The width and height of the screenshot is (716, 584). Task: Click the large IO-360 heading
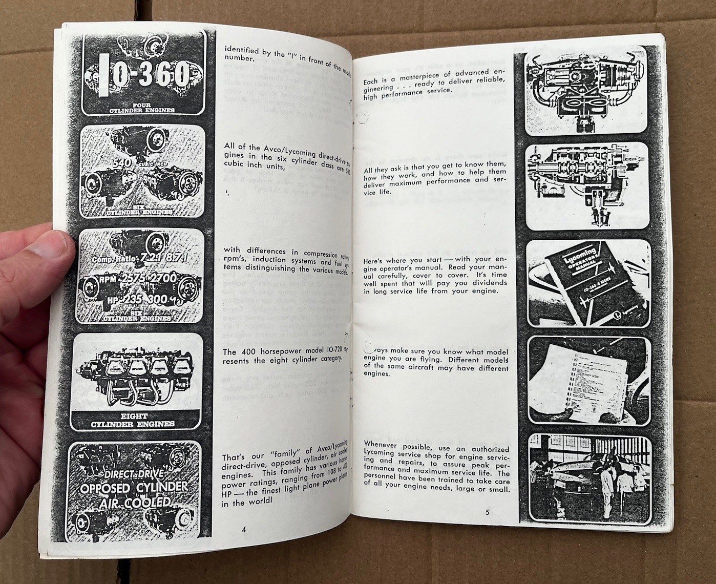point(141,76)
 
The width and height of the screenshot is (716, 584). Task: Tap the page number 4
point(244,530)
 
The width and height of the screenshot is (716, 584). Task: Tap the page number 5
point(487,512)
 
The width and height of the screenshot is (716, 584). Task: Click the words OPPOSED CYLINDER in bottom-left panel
point(134,487)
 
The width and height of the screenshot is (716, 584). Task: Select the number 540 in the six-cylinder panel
point(123,163)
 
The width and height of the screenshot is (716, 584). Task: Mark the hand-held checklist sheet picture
point(589,379)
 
